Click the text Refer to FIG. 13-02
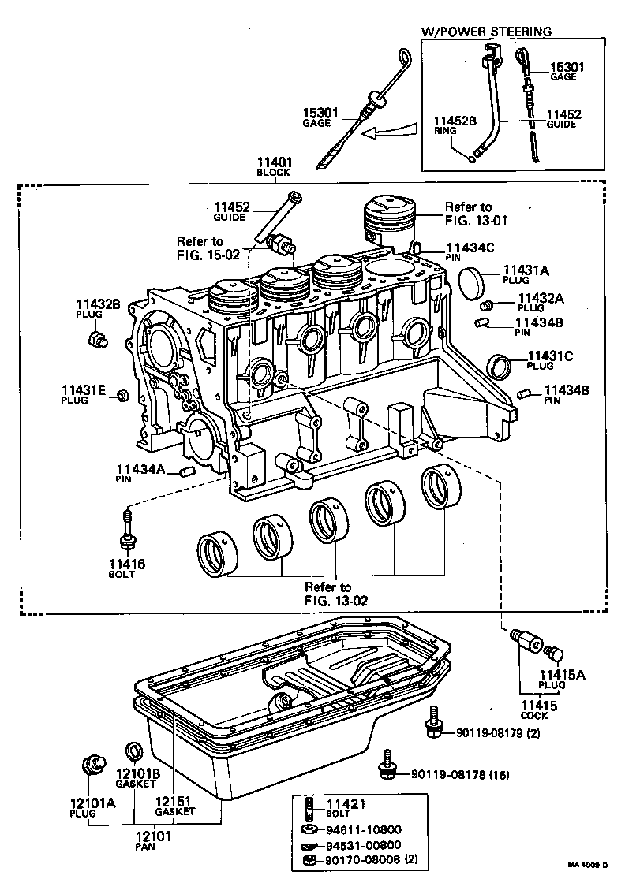[x=331, y=593]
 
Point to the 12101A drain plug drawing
[x=94, y=764]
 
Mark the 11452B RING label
[x=455, y=125]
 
